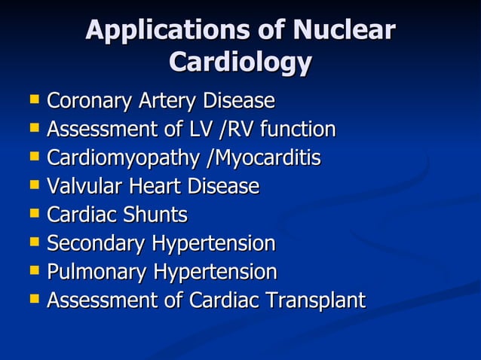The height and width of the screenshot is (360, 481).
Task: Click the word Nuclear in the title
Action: (x=344, y=30)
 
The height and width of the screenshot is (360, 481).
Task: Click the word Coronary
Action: (x=89, y=101)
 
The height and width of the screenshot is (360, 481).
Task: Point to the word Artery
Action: (x=162, y=101)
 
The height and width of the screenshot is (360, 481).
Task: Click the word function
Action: (x=296, y=130)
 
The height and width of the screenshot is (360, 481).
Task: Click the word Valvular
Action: (x=81, y=186)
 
